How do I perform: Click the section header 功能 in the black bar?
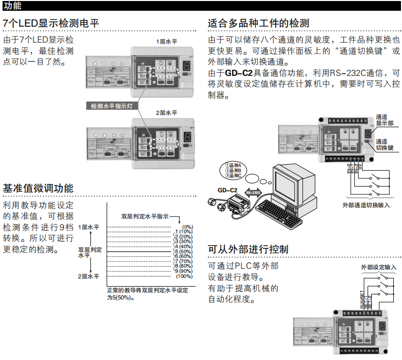12,6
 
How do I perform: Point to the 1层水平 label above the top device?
167,41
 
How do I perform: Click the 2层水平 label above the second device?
167,112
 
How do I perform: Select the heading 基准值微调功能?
38,188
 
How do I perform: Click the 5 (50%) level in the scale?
183,251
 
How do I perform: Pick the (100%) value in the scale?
184,276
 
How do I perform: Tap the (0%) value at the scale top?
186,227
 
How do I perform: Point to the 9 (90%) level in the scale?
183,271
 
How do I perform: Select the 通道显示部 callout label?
385,120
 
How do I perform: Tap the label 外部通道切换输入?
366,204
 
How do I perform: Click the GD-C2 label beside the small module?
227,190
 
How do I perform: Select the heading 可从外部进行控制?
247,249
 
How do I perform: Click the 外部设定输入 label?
378,267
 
